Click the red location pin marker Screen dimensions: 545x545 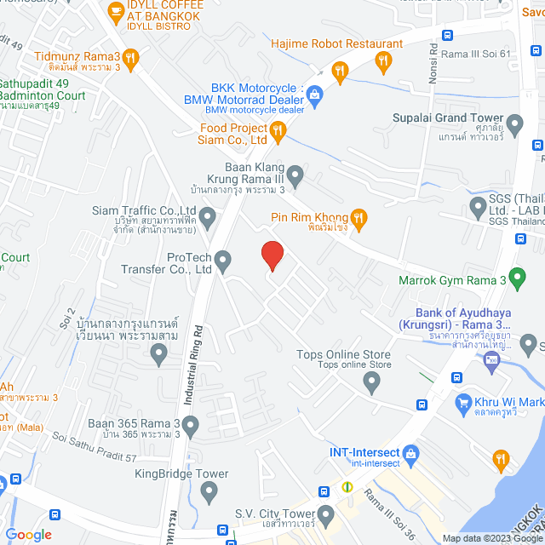tap(271, 255)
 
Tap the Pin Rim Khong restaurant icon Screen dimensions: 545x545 tap(359, 219)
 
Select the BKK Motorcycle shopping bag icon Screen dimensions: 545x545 tap(315, 93)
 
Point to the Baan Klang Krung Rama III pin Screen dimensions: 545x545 tap(295, 176)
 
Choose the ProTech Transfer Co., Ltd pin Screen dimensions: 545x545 tap(223, 260)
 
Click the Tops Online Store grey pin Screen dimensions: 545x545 tap(370, 384)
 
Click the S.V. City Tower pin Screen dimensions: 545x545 tap(326, 514)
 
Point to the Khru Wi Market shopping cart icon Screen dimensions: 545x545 tap(463, 402)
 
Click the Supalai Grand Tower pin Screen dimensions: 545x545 tap(515, 123)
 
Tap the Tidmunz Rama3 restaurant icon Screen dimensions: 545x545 tap(129, 58)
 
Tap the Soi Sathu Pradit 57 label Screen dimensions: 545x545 tap(93, 449)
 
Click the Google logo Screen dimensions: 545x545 tap(28, 534)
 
